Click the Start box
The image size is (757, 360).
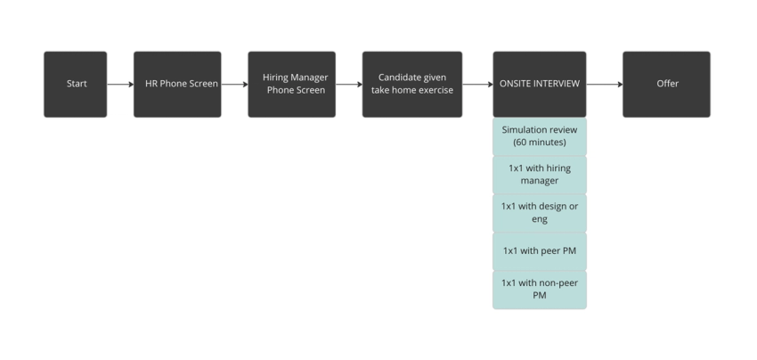pos(76,84)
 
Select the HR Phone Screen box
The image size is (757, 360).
pos(177,84)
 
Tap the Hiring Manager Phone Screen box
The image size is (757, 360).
pos(291,84)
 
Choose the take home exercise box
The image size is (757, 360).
pos(411,84)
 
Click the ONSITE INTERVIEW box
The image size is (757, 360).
pos(539,84)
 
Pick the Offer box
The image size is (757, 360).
pos(666,84)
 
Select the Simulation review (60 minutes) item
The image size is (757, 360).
pos(539,135)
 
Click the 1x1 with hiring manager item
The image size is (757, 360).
pos(539,174)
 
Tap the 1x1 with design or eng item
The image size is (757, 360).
pos(539,212)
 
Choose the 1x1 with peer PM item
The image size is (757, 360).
pos(539,250)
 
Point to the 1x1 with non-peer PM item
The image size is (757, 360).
pos(539,289)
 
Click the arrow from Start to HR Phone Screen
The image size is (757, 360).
pos(120,85)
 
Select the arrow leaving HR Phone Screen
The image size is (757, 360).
pos(234,85)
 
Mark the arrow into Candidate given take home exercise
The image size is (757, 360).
pos(348,85)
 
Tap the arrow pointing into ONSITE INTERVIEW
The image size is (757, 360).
pos(477,85)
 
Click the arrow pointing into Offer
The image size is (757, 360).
pos(605,85)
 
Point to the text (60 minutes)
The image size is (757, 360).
pos(539,142)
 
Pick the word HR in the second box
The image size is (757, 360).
pos(151,84)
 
